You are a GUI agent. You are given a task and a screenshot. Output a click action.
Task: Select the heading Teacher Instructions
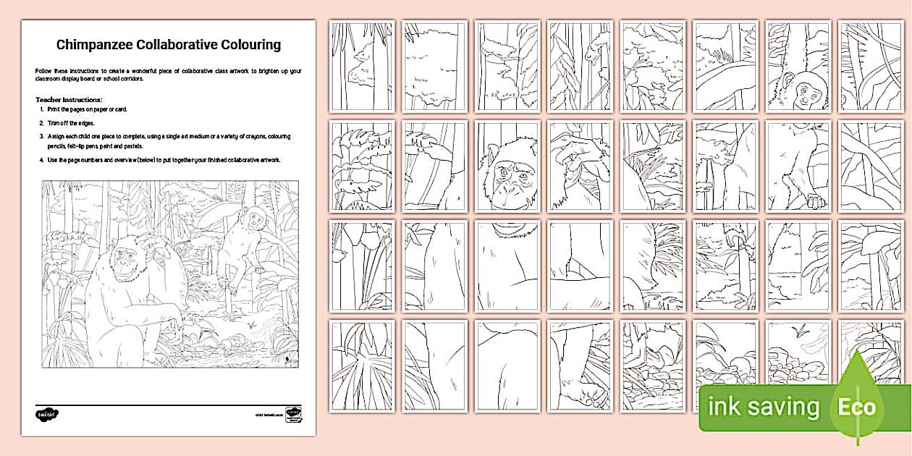coord(69,98)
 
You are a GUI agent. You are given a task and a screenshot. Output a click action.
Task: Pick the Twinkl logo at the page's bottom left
coord(47,414)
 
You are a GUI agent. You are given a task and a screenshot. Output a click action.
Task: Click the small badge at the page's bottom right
coord(292,414)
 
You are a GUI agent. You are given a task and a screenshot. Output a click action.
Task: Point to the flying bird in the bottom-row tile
coord(800,333)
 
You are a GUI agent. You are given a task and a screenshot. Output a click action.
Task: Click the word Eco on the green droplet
coord(857,406)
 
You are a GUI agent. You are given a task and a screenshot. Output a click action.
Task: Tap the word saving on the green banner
coord(782,407)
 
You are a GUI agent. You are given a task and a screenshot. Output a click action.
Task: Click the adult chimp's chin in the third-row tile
coord(507,232)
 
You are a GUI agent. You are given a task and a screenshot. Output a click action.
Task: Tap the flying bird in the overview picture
coord(250,327)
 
